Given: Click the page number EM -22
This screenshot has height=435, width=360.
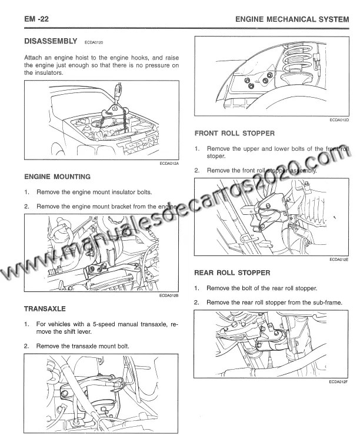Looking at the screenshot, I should tap(36, 19).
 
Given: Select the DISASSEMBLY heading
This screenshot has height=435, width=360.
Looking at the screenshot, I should tap(51, 41).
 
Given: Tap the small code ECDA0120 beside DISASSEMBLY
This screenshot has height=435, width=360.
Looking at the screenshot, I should tap(94, 42).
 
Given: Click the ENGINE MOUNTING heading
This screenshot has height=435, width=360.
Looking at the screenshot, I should tap(57, 177).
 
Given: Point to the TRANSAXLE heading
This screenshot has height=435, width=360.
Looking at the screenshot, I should tap(45, 308).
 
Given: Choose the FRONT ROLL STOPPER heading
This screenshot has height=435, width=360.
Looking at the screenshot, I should tap(234, 134).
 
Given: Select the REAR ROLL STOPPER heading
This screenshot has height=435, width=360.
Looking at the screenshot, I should tap(232, 273).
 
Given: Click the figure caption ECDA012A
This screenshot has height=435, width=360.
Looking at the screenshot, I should tap(169, 164).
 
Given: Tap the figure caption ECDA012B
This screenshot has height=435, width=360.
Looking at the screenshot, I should tap(169, 296).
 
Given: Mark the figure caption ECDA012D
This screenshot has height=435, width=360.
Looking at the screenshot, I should tap(339, 120).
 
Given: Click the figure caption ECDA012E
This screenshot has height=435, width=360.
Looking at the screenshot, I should tap(339, 259).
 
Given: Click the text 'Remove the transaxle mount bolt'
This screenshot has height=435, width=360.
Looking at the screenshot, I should tap(82, 346).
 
